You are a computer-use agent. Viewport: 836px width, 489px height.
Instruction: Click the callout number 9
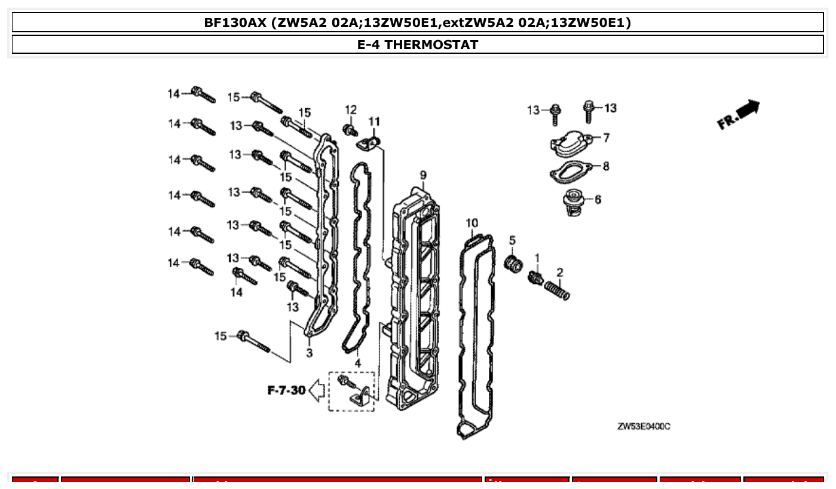pos(423,175)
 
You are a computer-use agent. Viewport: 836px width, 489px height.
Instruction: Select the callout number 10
pos(471,223)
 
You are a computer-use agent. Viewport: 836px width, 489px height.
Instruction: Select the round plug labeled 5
pos(513,262)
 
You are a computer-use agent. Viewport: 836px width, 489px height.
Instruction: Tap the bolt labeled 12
pos(348,129)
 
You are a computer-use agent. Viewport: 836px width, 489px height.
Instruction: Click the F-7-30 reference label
pos(286,390)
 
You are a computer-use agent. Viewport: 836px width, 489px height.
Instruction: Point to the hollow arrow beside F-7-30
pos(317,391)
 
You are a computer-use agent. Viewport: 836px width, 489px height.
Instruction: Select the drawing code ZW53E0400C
pos(643,426)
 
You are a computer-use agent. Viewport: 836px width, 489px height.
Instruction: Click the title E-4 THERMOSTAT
pos(418,44)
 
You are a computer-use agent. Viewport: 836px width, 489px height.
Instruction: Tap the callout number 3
pos(309,353)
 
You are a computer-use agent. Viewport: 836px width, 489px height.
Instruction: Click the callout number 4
pos(357,362)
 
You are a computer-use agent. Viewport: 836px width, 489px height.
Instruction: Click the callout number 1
pos(537,258)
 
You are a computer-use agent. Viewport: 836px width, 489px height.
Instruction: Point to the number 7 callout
pos(606,138)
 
